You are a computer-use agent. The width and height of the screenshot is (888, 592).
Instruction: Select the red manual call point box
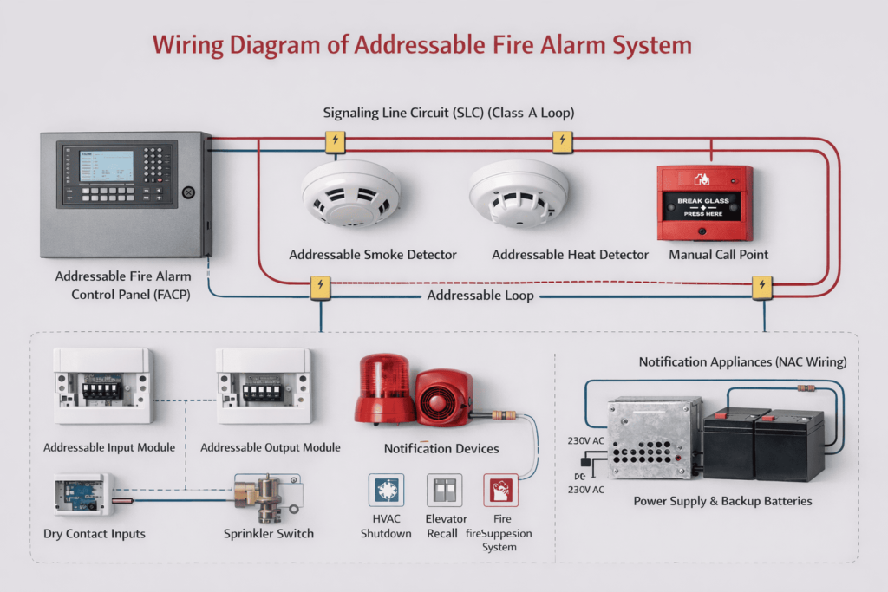pyautogui.click(x=704, y=203)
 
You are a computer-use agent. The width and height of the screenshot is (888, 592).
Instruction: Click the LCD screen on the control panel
pyautogui.click(x=106, y=166)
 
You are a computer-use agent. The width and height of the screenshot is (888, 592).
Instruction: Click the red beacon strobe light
pyautogui.click(x=385, y=387)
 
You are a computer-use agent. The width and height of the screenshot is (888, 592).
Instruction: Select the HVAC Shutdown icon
pyautogui.click(x=386, y=490)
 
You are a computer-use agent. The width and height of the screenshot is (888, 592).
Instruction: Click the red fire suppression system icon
pyautogui.click(x=500, y=490)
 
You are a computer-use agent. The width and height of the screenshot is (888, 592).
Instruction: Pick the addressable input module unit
pyautogui.click(x=103, y=386)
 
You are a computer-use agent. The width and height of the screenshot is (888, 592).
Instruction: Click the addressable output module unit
pyautogui.click(x=263, y=386)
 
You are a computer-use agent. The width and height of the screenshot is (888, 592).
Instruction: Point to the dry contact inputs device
pyautogui.click(x=83, y=495)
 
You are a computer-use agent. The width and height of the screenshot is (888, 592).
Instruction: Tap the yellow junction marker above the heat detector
pyautogui.click(x=562, y=141)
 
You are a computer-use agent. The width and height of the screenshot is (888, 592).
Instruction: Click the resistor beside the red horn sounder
pyautogui.click(x=500, y=415)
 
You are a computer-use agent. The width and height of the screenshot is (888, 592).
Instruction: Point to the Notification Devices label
pyautogui.click(x=441, y=448)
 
